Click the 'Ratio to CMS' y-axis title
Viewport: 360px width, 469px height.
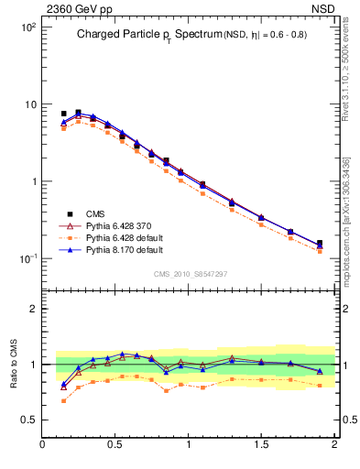click(15, 364)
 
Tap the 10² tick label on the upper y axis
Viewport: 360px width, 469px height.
click(27, 27)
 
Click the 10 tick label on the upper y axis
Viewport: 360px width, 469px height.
click(29, 104)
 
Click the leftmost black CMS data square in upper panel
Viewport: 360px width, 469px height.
click(64, 114)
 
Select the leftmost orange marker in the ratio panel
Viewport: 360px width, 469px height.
click(64, 400)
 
